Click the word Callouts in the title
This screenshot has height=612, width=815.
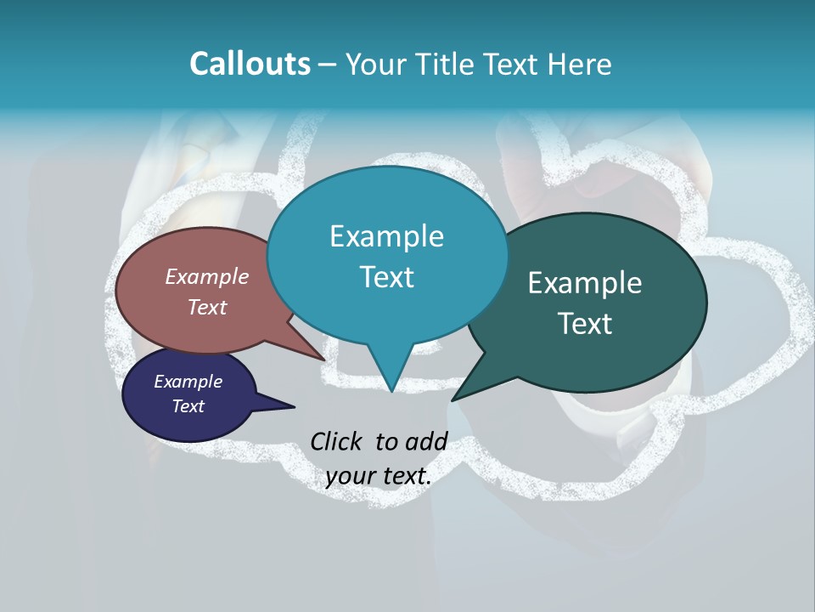[250, 64]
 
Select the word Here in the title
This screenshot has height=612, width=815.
[580, 64]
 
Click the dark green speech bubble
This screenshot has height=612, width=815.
[594, 302]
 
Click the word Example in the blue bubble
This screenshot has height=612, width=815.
[386, 236]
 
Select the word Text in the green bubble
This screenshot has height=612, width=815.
[585, 324]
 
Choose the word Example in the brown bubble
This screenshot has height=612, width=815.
[207, 276]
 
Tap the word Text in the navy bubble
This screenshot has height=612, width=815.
[188, 406]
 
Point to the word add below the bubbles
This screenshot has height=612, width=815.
[426, 441]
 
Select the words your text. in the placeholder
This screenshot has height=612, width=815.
[379, 476]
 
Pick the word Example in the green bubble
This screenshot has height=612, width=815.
[585, 283]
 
